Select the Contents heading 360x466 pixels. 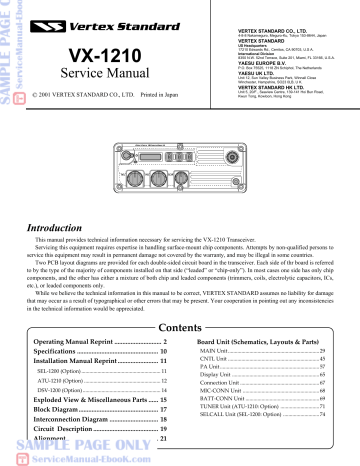point(180,327)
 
